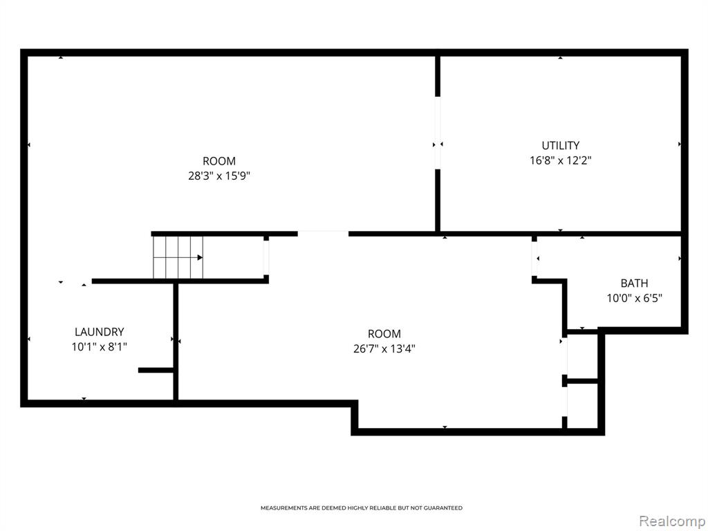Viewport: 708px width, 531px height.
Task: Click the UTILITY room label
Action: point(560,145)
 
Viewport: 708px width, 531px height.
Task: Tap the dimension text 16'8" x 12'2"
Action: point(560,160)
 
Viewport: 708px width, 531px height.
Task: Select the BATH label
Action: point(634,283)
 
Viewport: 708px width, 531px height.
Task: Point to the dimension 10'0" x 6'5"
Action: point(634,298)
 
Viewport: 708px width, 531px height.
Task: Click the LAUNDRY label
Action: point(100,332)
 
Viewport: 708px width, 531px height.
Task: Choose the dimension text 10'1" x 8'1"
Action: point(100,347)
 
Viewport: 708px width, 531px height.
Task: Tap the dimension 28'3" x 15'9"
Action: point(219,176)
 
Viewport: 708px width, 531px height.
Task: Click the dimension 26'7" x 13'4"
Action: point(384,348)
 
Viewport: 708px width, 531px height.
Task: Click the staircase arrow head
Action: point(200,257)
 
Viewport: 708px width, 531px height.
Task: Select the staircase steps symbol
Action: point(178,257)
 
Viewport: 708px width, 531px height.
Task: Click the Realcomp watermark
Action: point(671,521)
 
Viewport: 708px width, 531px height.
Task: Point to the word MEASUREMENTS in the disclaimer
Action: point(284,508)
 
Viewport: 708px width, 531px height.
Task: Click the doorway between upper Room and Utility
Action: point(438,133)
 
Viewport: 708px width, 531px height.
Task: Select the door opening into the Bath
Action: point(534,259)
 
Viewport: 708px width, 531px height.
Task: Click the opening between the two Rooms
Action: point(323,234)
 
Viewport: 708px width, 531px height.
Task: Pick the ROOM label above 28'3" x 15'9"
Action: point(219,160)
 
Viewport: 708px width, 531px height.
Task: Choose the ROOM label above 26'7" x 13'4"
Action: point(384,334)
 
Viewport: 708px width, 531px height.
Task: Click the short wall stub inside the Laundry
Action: point(156,371)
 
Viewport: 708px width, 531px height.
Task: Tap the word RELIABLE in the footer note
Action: point(383,508)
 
